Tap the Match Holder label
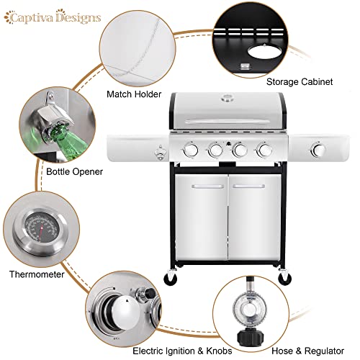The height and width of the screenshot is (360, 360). pos(134,94)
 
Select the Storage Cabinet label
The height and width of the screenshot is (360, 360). pos(300,82)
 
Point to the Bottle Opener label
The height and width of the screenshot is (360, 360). pos(74,171)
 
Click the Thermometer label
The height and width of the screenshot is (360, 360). pos(37,274)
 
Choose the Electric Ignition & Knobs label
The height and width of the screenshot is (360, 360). pos(182,351)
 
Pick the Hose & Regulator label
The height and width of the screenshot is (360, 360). pos(307,351)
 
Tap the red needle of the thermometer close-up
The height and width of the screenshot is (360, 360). pos(40,233)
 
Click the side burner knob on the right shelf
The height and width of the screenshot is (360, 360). pos(318,150)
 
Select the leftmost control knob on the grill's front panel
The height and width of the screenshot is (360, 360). pos(191,150)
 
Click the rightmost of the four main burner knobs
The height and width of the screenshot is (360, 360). pos(264,150)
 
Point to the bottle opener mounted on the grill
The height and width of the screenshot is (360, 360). pos(159,153)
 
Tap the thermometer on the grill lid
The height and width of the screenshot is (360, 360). pos(226,98)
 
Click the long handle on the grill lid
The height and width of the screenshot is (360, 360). pos(227,122)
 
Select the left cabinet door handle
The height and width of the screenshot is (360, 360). pos(208,186)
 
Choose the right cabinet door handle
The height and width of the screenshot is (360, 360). pos(249,186)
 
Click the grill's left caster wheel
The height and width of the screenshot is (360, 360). pos(170,278)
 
